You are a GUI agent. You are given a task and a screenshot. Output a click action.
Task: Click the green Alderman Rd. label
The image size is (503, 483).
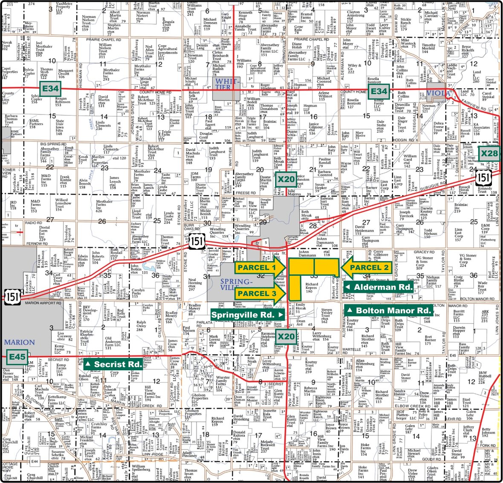(379, 287)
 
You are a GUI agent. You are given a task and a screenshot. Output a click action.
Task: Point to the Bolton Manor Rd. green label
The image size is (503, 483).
(388, 310)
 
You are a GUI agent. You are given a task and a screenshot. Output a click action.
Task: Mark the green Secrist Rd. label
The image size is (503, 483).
(113, 364)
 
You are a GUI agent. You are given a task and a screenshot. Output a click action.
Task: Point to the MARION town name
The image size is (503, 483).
(19, 342)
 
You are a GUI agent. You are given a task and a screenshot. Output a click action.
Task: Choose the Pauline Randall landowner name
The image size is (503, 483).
(324, 162)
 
